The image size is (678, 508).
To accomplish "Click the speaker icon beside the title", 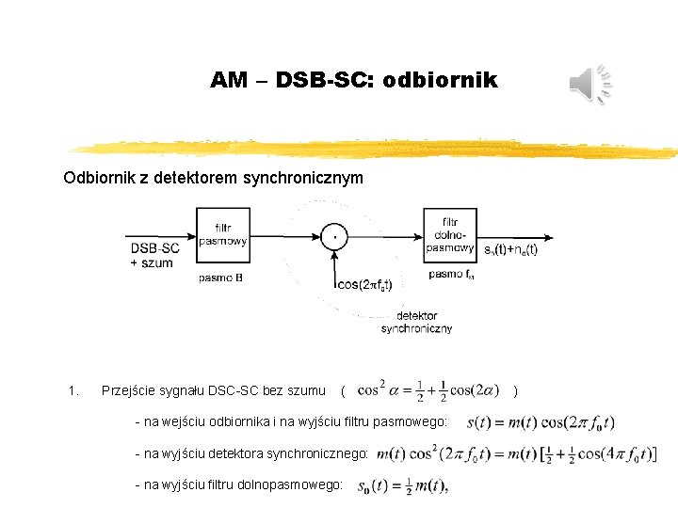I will [591, 86].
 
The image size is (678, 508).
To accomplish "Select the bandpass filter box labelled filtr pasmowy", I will [223, 235].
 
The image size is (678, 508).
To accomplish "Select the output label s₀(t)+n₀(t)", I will [510, 249].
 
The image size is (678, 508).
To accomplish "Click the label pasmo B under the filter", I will [222, 278].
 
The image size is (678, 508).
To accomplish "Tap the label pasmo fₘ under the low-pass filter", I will [451, 275].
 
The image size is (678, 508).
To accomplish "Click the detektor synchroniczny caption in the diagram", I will [416, 322].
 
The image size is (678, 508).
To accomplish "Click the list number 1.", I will [73, 390].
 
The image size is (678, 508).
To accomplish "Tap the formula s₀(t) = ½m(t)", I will [401, 485].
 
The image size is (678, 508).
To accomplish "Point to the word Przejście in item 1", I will [128, 390].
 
